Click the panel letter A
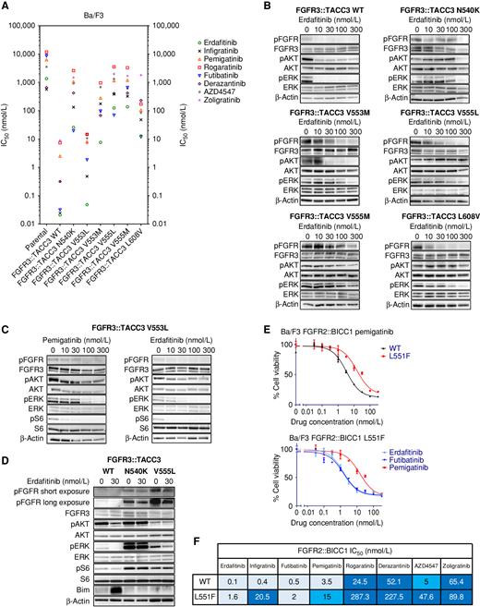point(6,7)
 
